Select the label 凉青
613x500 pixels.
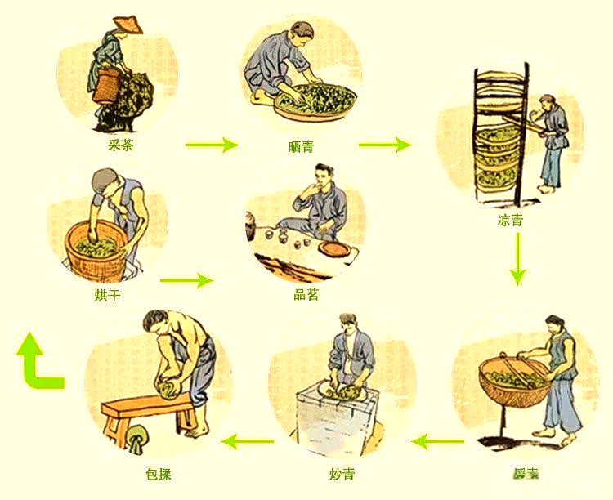[510, 221]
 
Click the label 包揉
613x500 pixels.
[158, 474]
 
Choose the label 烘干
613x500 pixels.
[108, 295]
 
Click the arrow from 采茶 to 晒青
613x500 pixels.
[211, 145]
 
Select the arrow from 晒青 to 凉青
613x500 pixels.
[384, 145]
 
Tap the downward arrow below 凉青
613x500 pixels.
[516, 264]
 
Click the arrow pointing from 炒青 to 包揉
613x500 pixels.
[248, 443]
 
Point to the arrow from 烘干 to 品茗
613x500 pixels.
[186, 281]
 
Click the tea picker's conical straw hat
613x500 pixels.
[127, 25]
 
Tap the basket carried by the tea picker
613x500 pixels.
[107, 84]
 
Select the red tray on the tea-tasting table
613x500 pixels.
[334, 248]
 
